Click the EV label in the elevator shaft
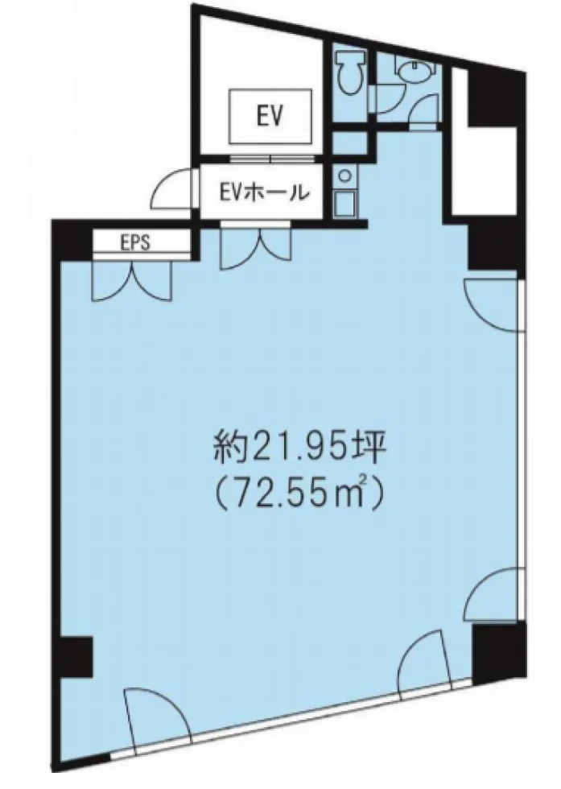(x=269, y=117)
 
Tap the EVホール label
(x=262, y=192)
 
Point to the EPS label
(x=135, y=243)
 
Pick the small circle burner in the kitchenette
(x=344, y=176)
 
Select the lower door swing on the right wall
(x=494, y=594)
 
